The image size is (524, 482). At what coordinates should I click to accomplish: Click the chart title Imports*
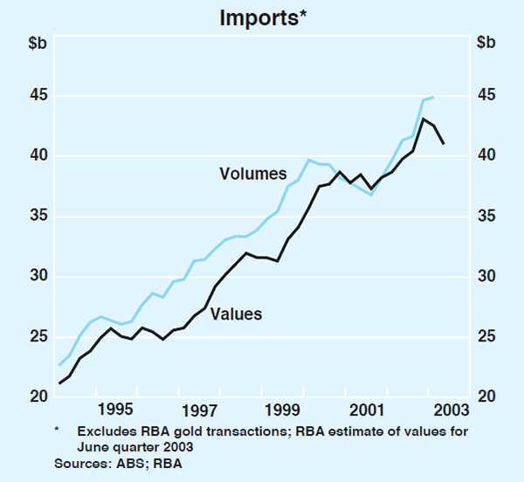[x=261, y=15]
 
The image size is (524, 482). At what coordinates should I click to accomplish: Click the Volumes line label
[x=248, y=174]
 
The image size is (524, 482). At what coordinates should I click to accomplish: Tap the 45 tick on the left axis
[x=38, y=95]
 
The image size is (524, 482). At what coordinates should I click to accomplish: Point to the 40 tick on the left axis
[x=38, y=155]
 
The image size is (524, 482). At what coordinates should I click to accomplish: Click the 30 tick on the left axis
[x=38, y=277]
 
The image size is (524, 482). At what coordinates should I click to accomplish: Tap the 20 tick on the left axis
[x=38, y=397]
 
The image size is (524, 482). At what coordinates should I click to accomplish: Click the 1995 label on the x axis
[x=116, y=409]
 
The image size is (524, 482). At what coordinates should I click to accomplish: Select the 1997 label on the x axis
[x=200, y=409]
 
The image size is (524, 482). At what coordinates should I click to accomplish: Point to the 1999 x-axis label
[x=283, y=409]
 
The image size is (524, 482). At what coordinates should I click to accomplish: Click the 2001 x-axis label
[x=368, y=409]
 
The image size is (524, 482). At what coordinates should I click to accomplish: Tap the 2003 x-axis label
[x=451, y=409]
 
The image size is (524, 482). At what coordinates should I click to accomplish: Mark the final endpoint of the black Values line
[x=445, y=143]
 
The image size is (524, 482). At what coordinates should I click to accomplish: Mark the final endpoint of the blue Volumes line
[x=434, y=97]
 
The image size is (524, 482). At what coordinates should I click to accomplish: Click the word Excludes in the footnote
[x=102, y=431]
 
